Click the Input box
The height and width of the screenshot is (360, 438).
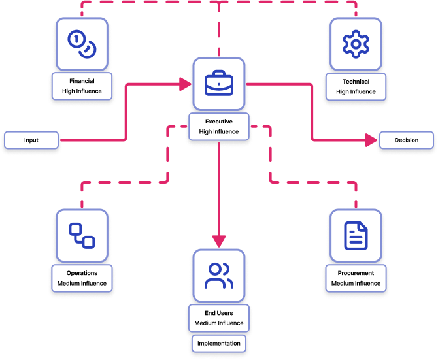pyautogui.click(x=31, y=140)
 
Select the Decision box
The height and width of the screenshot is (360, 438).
pyautogui.click(x=406, y=140)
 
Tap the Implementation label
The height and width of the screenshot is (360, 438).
pyautogui.click(x=219, y=343)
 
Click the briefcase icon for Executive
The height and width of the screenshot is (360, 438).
pyautogui.click(x=218, y=84)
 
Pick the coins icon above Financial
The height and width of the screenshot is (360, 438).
pyautogui.click(x=82, y=43)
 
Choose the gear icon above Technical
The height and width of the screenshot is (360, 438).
pyautogui.click(x=356, y=44)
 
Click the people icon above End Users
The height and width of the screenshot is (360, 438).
pyautogui.click(x=218, y=275)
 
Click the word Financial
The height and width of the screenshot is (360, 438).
pyautogui.click(x=82, y=82)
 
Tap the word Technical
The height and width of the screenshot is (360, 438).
pyautogui.click(x=356, y=82)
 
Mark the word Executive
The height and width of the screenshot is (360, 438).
pyautogui.click(x=218, y=122)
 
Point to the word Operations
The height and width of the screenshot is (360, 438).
pyautogui.click(x=82, y=273)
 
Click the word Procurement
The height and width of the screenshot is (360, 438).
pyautogui.click(x=356, y=273)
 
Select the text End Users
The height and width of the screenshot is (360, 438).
pyautogui.click(x=218, y=313)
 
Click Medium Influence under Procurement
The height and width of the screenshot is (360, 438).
pyautogui.click(x=356, y=283)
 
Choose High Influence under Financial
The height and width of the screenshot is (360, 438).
pyautogui.click(x=82, y=91)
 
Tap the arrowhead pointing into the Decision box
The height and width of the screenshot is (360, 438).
pyautogui.click(x=373, y=140)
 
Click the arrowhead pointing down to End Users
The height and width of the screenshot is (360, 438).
pyautogui.click(x=218, y=241)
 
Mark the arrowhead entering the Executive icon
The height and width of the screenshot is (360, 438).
pyautogui.click(x=185, y=84)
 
